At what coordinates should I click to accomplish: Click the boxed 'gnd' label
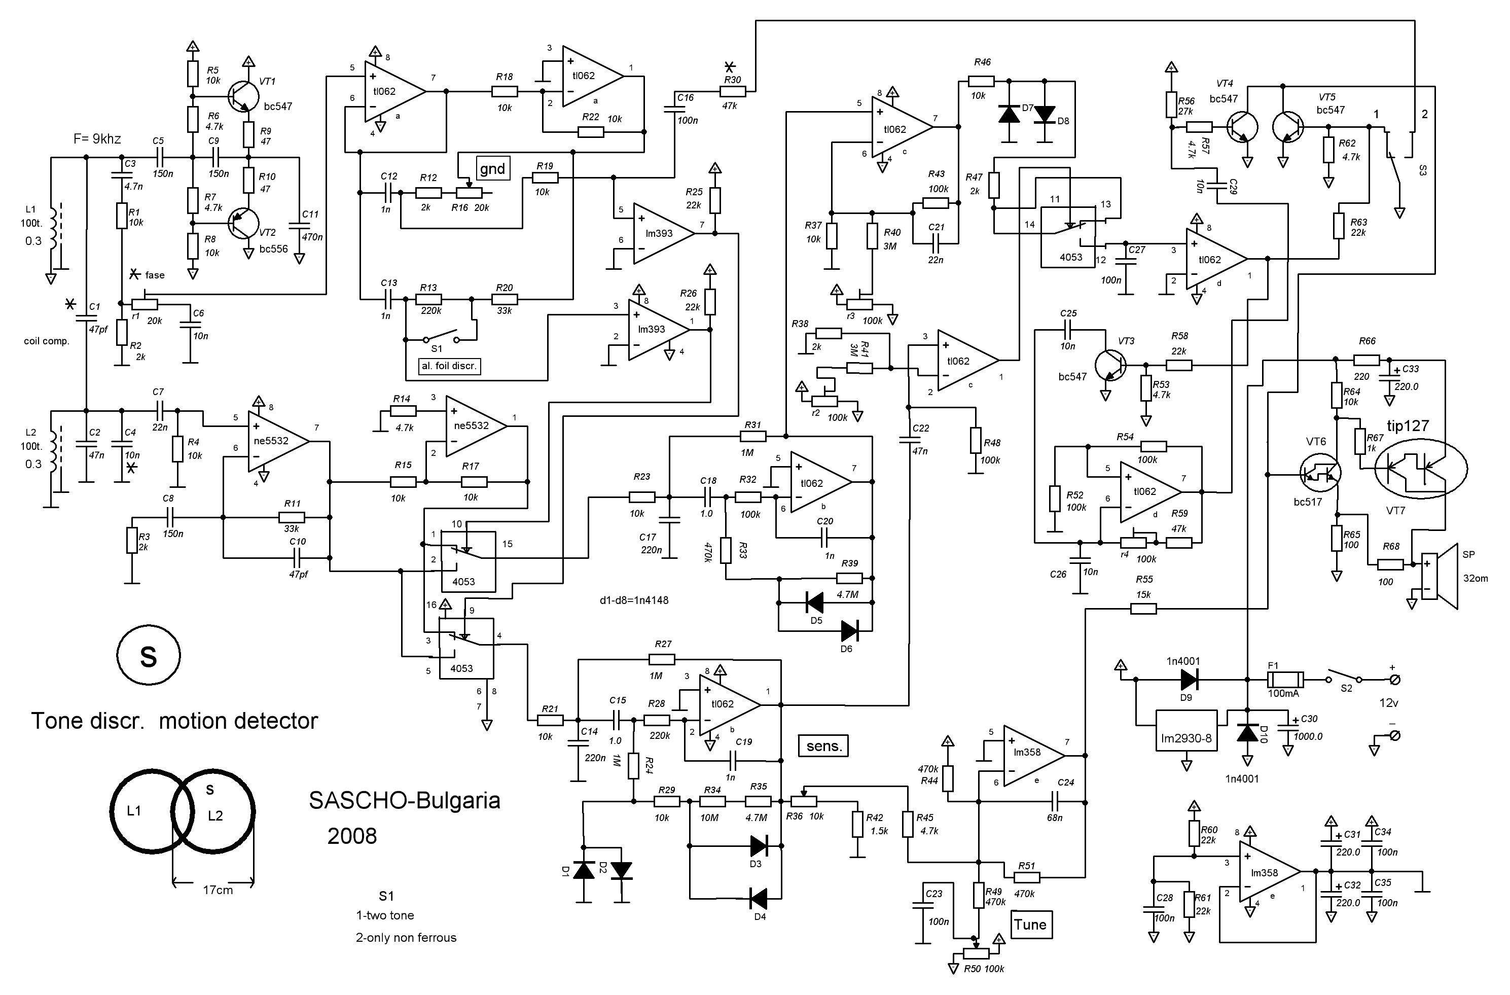pos(492,168)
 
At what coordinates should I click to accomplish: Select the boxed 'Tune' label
pos(1030,924)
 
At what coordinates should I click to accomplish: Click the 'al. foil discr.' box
pos(449,366)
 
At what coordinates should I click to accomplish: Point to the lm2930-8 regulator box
pos(1186,738)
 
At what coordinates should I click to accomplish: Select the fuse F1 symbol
pos(1285,680)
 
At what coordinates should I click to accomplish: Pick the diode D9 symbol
pos(1189,680)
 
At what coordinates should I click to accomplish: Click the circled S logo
pos(149,656)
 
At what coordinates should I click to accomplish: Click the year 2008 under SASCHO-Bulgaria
pos(352,836)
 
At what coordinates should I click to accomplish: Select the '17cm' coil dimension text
pos(218,890)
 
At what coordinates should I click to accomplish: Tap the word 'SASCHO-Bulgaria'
pos(404,800)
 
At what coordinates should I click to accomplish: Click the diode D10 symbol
pos(1248,733)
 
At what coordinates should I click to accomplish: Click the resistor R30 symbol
pos(733,91)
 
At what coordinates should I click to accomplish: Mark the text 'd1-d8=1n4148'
pos(634,599)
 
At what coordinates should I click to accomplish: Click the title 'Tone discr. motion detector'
pos(174,721)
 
